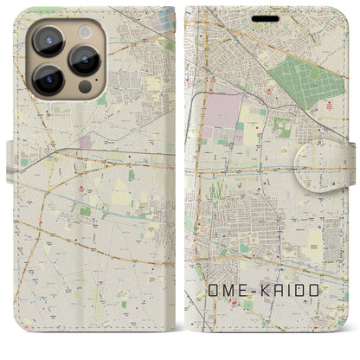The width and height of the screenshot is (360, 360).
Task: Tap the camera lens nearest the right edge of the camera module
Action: click(x=84, y=59)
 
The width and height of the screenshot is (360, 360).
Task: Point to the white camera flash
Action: click(x=83, y=31)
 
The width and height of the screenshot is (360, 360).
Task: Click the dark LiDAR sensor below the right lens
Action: click(x=84, y=87)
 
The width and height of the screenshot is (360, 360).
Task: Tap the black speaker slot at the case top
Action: click(x=267, y=17)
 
